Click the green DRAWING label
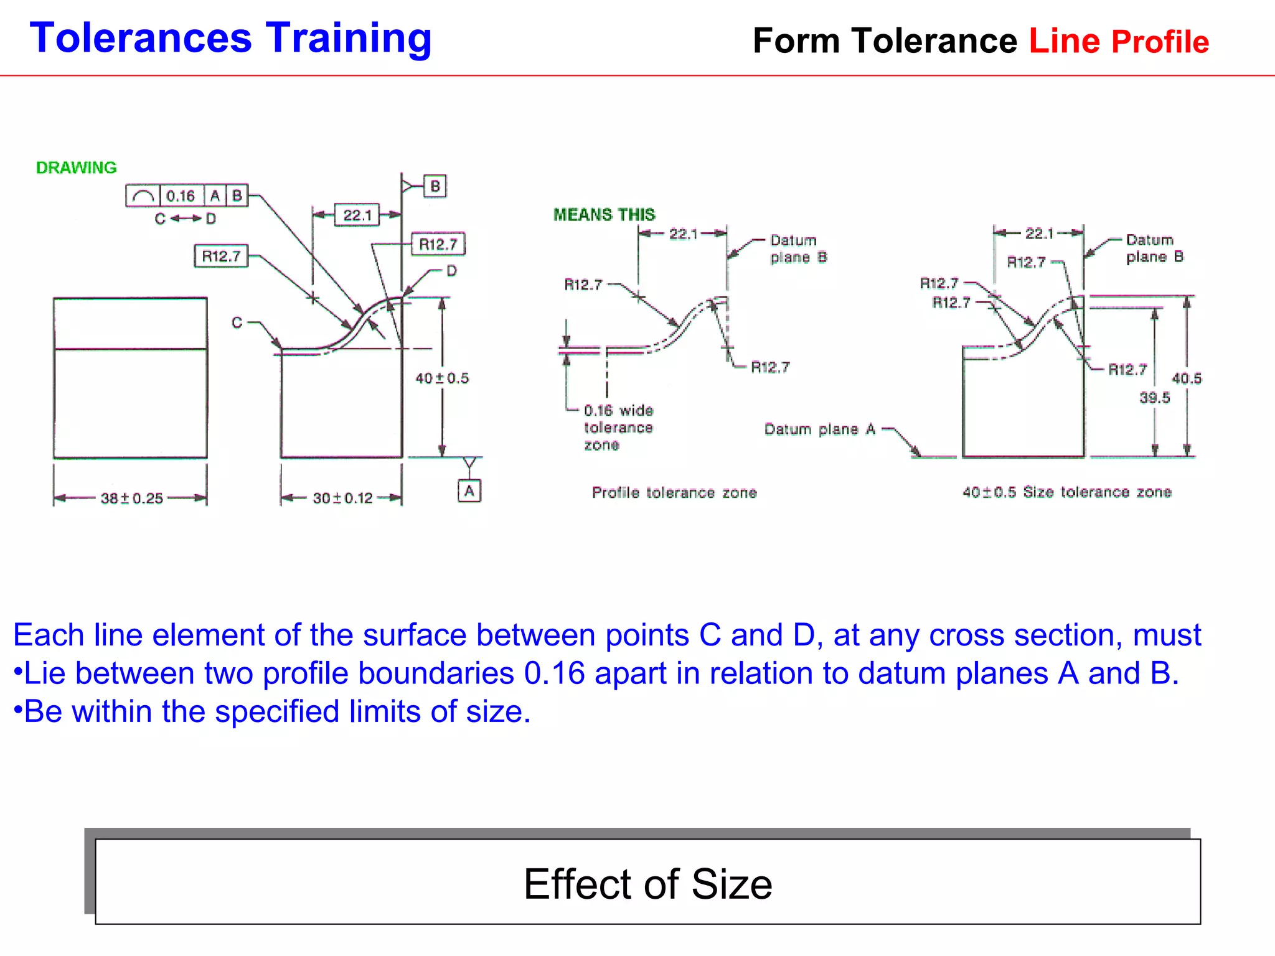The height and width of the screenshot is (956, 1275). click(x=76, y=167)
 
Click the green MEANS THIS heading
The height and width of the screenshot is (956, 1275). click(x=604, y=215)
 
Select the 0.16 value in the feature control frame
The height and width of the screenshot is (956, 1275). click(x=181, y=196)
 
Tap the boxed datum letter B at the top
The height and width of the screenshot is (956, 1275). click(x=435, y=186)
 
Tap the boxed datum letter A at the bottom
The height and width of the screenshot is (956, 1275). click(x=469, y=491)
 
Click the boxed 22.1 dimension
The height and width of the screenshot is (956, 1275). click(x=357, y=215)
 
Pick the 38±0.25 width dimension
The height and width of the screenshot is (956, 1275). click(x=132, y=498)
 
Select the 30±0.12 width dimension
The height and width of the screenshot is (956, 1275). click(x=342, y=498)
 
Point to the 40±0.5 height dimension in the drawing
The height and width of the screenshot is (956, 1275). click(x=442, y=378)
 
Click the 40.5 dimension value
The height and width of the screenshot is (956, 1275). click(x=1187, y=378)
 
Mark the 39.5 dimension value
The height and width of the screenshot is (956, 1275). click(x=1155, y=398)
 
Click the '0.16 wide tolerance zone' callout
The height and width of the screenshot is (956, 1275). click(x=618, y=428)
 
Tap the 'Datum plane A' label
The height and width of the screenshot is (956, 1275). click(x=820, y=429)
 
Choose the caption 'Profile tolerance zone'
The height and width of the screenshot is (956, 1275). click(x=674, y=493)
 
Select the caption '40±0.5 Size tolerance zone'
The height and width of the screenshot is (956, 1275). click(x=1066, y=492)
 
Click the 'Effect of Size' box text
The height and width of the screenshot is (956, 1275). click(x=647, y=884)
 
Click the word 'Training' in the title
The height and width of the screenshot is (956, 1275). click(x=349, y=39)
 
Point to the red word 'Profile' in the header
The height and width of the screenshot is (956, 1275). click(x=1160, y=42)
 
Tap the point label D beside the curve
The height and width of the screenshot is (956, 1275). click(x=452, y=271)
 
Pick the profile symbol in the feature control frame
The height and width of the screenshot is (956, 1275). click(x=143, y=196)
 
